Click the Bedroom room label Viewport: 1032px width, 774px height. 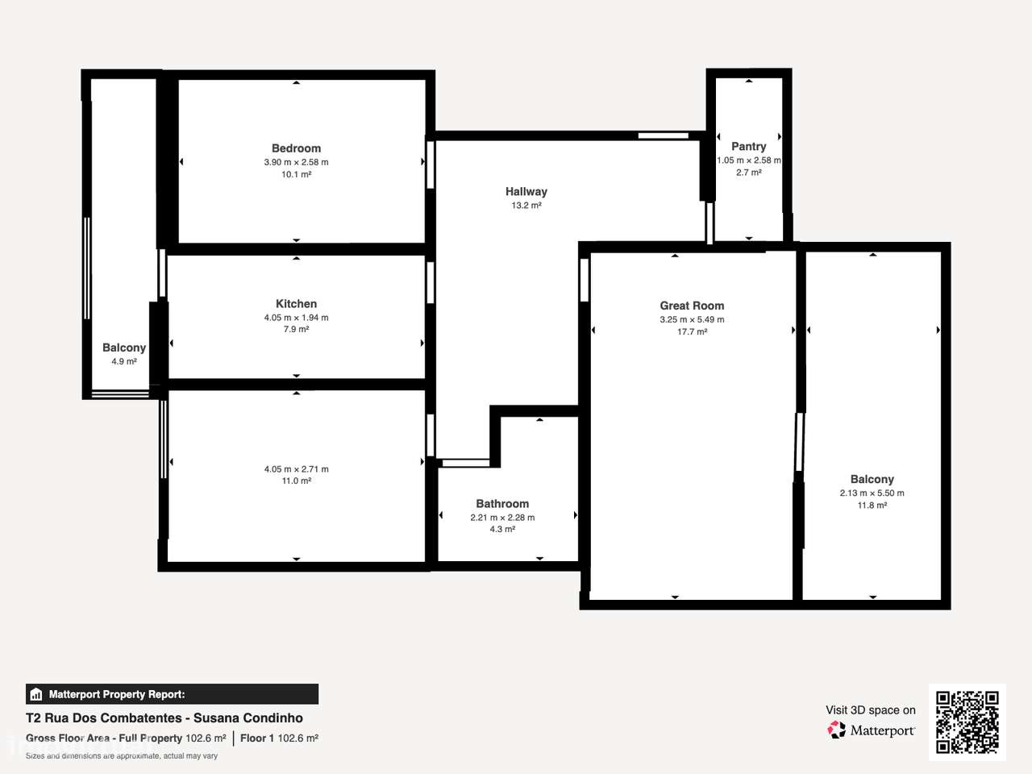tap(296, 148)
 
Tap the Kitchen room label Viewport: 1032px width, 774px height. tap(296, 304)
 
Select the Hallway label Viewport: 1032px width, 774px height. tap(526, 192)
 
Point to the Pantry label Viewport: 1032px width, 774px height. tap(748, 147)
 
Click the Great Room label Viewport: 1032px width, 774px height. tap(692, 306)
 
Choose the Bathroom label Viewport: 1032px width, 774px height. tap(502, 504)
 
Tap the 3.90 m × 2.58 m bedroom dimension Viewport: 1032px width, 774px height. tap(296, 162)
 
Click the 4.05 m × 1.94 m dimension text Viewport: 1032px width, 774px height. tap(296, 318)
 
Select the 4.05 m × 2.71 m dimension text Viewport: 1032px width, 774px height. tap(296, 469)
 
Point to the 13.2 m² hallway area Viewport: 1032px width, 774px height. tap(526, 206)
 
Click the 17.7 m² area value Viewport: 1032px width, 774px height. tap(692, 331)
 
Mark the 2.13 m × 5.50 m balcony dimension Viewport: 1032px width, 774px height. tap(872, 493)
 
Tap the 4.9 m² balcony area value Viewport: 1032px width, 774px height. tap(124, 361)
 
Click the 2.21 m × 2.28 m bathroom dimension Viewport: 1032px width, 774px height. tap(502, 518)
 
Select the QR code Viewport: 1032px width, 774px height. tap(967, 722)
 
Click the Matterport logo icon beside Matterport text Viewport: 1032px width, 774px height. tap(837, 730)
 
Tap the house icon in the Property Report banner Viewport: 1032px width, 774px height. tap(35, 694)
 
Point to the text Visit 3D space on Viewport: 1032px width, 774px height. tap(870, 710)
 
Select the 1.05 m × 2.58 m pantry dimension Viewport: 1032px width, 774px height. tap(748, 160)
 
